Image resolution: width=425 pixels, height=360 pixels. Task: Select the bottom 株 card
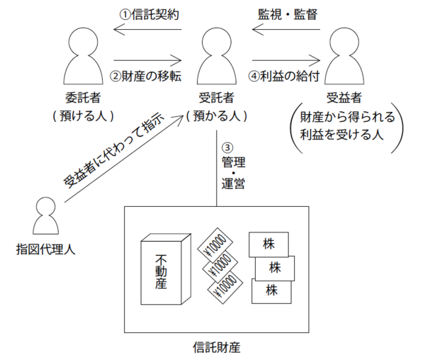(269, 288)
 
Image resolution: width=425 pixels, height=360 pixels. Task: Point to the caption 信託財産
(216, 347)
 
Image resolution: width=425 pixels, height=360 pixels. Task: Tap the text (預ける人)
(84, 115)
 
